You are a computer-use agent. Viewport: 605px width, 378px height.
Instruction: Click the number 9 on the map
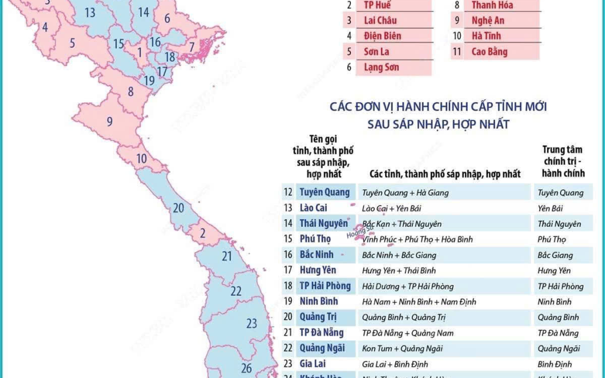(109, 122)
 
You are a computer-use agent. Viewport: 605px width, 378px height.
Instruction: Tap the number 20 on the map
(178, 207)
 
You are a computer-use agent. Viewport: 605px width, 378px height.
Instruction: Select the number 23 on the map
(252, 323)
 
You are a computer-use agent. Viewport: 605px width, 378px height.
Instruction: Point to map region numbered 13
(90, 12)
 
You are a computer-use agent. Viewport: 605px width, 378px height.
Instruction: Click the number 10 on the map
(142, 158)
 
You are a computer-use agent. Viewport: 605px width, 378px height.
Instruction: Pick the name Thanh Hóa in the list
(492, 5)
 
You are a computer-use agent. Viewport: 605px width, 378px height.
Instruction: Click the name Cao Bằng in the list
(489, 51)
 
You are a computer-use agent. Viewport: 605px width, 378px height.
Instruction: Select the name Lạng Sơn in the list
(381, 67)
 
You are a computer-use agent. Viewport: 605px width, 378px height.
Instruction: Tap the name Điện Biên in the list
(382, 36)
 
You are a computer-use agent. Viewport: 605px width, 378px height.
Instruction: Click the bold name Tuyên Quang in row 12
(324, 192)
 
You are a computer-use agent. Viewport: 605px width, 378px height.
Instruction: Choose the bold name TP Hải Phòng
(325, 286)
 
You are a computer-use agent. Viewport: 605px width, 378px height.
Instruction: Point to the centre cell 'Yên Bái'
(551, 208)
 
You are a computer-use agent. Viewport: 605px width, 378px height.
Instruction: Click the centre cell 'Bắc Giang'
(554, 255)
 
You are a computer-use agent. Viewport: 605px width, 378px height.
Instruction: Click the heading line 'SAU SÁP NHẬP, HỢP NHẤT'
(437, 124)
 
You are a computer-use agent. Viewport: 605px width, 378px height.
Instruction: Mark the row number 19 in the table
(288, 301)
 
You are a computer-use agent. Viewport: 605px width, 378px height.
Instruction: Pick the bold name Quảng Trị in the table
(318, 317)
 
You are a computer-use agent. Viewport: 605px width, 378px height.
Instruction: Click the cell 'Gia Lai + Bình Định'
(395, 364)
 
